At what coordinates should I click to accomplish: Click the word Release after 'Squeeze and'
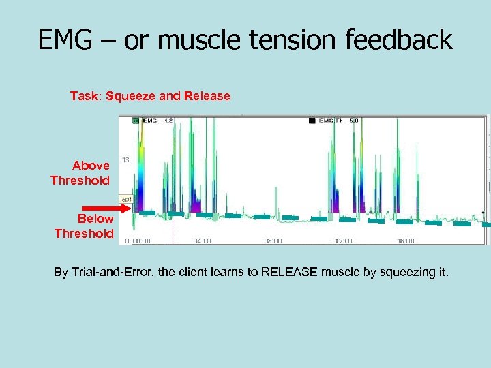click(205, 96)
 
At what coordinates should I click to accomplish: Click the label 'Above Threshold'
click(80, 173)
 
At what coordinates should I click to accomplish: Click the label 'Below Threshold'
click(85, 226)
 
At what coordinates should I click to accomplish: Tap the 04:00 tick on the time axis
click(203, 241)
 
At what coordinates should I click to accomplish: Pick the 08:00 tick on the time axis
click(273, 241)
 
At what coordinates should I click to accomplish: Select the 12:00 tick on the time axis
click(344, 241)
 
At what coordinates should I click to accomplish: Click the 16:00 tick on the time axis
click(405, 241)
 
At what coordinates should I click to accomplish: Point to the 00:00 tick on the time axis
click(142, 241)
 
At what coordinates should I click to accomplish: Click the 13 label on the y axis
click(126, 160)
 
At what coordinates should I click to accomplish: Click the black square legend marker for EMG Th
click(312, 121)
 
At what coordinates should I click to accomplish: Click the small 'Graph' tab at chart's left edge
click(125, 199)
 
